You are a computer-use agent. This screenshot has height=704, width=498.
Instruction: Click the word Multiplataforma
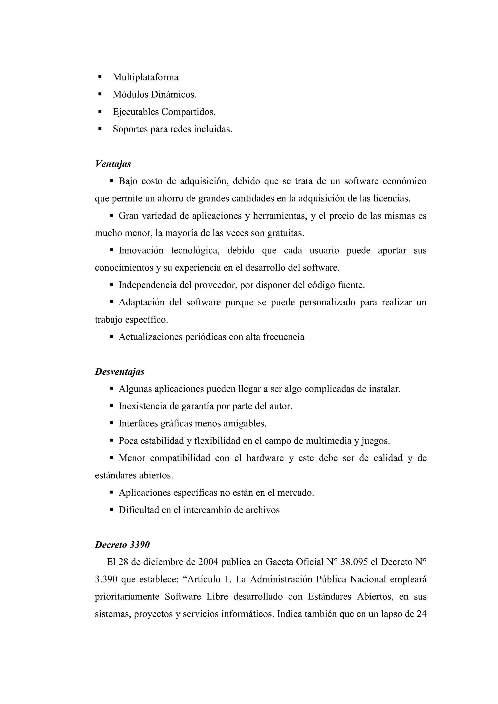pos(145,77)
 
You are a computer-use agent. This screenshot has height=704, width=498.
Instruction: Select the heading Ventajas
pos(113,164)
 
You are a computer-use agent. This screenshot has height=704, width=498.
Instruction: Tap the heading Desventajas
pos(119,372)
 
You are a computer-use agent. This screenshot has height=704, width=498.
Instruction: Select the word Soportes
pos(130,129)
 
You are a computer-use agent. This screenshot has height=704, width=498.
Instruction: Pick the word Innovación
pos(141,251)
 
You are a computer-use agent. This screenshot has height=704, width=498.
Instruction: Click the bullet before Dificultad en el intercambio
pos(112,510)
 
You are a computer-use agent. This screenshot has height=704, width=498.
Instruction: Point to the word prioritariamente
pos(127,597)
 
